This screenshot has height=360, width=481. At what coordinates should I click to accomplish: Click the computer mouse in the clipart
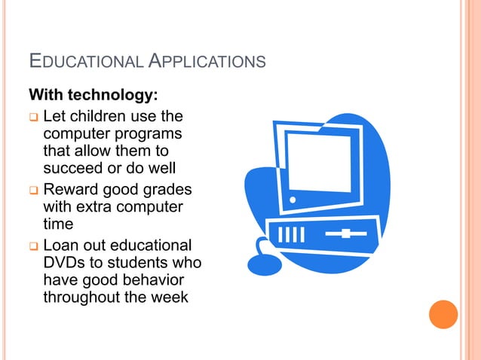(265, 264)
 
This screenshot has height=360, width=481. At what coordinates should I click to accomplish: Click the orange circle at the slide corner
(443, 314)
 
